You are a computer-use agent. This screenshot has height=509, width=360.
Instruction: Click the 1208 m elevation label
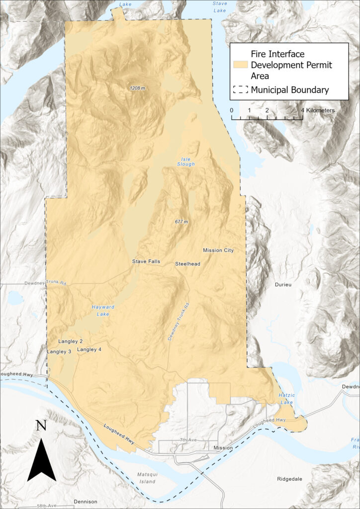tap(138, 88)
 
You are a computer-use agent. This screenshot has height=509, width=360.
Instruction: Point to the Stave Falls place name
tap(146, 261)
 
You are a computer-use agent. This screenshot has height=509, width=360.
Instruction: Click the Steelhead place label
tap(187, 264)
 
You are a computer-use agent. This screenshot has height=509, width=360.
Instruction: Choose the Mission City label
tap(218, 250)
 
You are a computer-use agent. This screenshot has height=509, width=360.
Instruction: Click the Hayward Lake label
tap(103, 310)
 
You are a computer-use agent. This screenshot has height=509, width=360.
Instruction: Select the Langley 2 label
tap(70, 341)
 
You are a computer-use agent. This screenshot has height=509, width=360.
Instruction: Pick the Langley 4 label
tap(90, 349)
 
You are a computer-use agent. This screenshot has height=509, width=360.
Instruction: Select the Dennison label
tap(85, 502)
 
